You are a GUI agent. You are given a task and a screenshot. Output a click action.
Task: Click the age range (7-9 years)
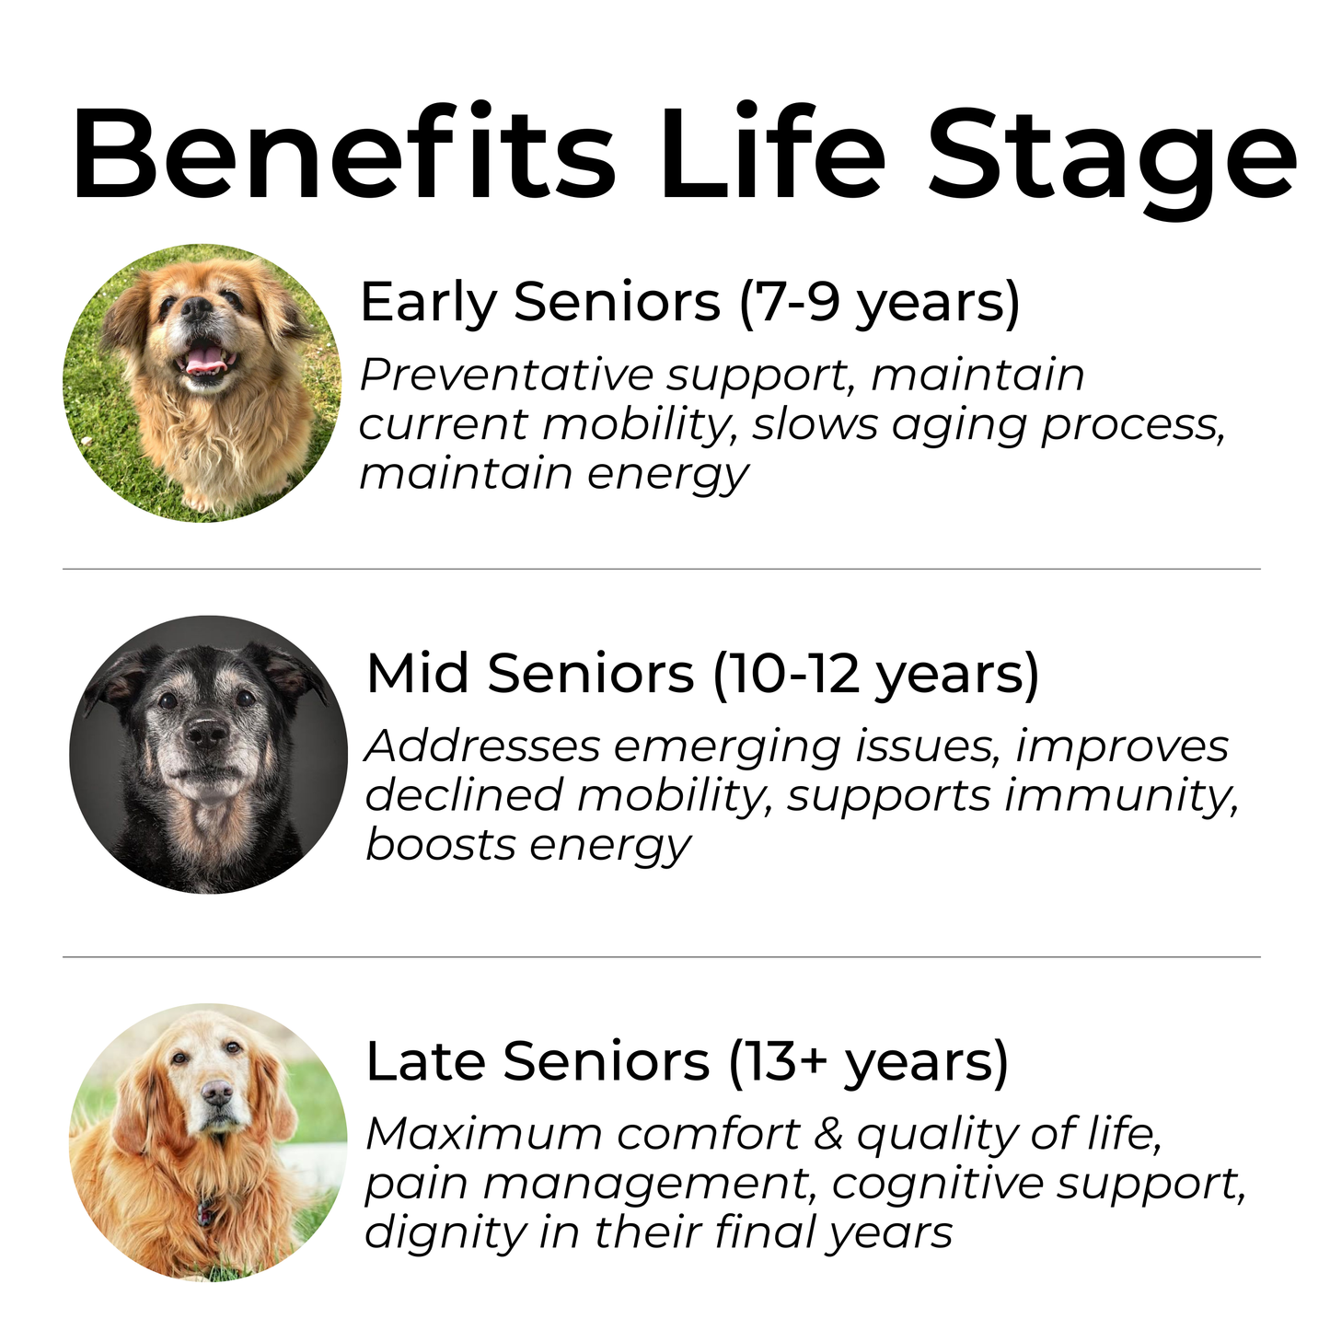tap(879, 302)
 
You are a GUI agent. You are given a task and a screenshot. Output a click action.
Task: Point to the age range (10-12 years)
tap(875, 674)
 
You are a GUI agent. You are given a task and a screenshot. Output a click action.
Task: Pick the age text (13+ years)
tap(868, 1061)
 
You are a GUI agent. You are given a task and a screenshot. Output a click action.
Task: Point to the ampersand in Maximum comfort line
tap(828, 1134)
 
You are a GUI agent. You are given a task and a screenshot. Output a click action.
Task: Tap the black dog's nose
tap(206, 734)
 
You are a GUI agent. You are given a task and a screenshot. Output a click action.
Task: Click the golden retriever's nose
tap(217, 1093)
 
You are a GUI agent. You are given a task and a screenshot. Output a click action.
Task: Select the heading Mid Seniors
tap(530, 674)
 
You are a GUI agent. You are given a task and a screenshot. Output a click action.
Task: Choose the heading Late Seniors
tap(538, 1061)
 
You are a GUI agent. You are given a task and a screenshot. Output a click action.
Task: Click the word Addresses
tap(482, 746)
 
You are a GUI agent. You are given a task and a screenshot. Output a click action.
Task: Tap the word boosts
tap(440, 845)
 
